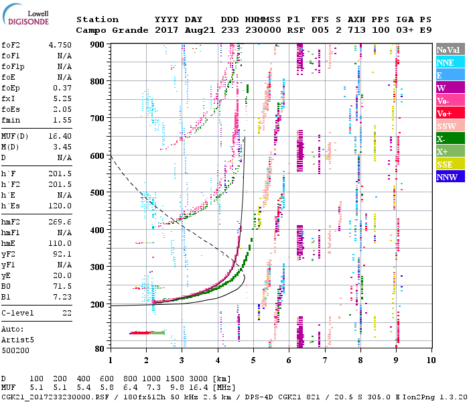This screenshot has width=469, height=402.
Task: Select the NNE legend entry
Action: (445, 62)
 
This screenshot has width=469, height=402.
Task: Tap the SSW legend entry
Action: (446, 126)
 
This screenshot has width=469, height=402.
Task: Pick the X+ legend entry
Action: (443, 151)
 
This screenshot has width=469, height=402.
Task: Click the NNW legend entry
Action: (446, 177)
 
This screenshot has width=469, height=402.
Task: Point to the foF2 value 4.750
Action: (60, 45)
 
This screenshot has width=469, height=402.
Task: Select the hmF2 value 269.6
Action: (60, 222)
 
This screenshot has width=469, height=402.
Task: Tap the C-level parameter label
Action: (19, 313)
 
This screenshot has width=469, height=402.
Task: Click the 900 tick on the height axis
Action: (98, 44)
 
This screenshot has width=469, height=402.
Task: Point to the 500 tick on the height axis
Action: (98, 193)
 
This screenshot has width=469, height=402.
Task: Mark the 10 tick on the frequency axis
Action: (431, 359)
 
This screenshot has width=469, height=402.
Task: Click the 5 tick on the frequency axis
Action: (253, 359)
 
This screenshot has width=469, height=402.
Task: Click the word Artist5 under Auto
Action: (17, 340)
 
